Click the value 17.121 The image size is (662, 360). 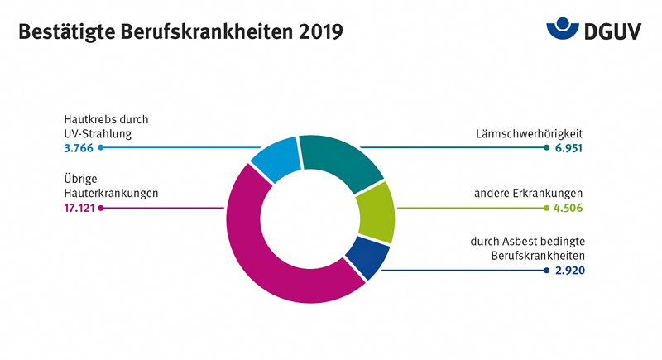click(x=80, y=209)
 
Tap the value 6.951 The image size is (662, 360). click(x=568, y=148)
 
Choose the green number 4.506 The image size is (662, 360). click(x=568, y=209)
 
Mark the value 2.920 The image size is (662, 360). click(x=568, y=271)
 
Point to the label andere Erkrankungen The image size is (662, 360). click(x=529, y=194)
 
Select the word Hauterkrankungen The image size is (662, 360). click(x=111, y=194)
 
